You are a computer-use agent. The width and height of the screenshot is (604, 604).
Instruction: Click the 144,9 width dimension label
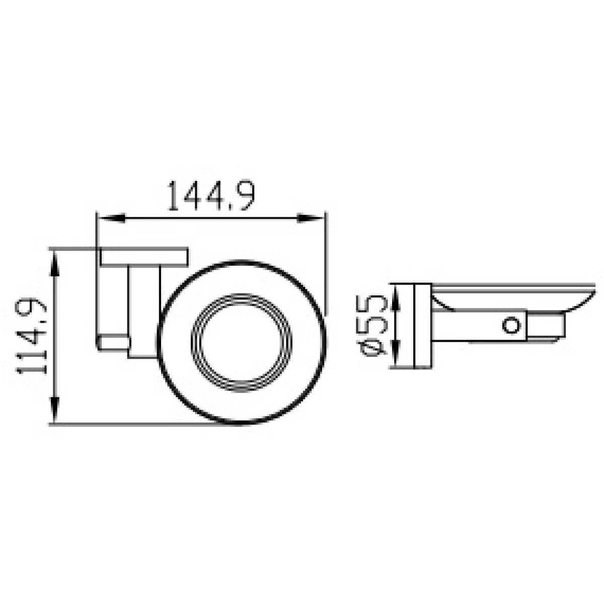pos(210,196)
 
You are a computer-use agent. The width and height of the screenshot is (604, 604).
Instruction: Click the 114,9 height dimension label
pos(31,336)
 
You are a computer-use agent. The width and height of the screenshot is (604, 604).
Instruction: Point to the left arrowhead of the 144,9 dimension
pos(112,218)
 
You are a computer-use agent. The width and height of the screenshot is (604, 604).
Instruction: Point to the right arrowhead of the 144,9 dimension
pos(310,218)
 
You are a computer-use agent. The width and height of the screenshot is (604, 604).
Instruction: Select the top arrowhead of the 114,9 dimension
pos(55,265)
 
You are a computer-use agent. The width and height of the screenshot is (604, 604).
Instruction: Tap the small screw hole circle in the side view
pos(511,325)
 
